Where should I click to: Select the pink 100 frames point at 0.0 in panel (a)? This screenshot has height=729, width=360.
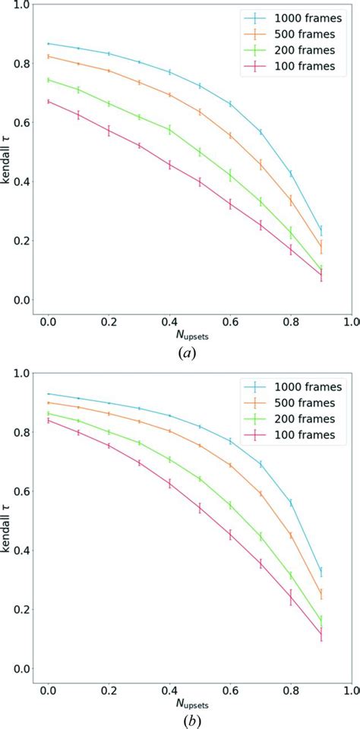tap(49, 101)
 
